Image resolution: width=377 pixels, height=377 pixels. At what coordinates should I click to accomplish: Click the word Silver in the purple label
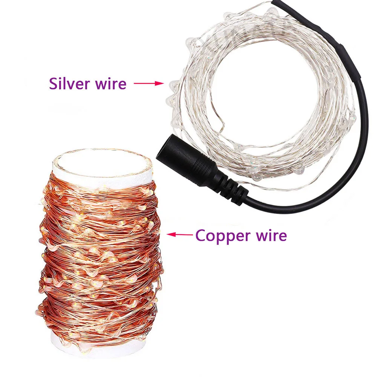(x=69, y=83)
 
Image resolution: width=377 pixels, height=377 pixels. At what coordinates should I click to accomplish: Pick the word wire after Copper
(x=269, y=236)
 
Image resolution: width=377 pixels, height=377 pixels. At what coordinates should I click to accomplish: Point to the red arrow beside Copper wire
(x=179, y=234)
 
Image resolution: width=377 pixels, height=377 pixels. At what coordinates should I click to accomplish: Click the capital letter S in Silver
(x=54, y=83)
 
